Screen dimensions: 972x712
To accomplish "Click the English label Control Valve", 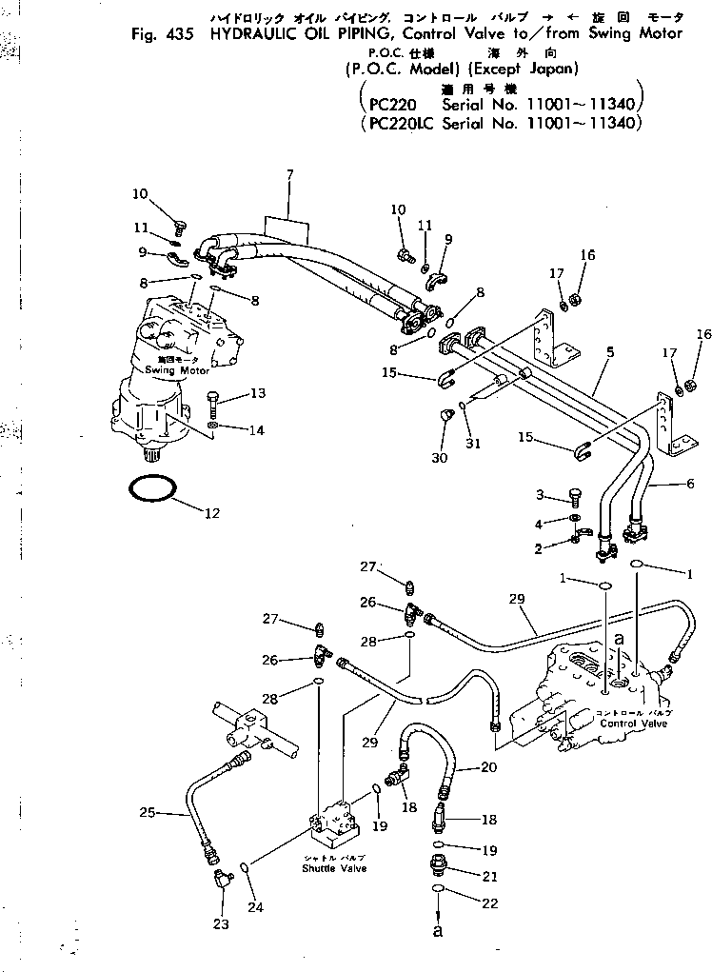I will point(633,723).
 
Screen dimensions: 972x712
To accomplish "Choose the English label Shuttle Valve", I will point(334,868).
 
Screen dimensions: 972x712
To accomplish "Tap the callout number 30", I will point(439,458).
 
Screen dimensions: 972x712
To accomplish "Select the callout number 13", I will point(231,393).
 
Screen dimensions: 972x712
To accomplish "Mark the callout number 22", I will point(489,903).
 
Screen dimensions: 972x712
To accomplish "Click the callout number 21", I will point(489,875).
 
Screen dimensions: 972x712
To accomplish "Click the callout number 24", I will point(256,906).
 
